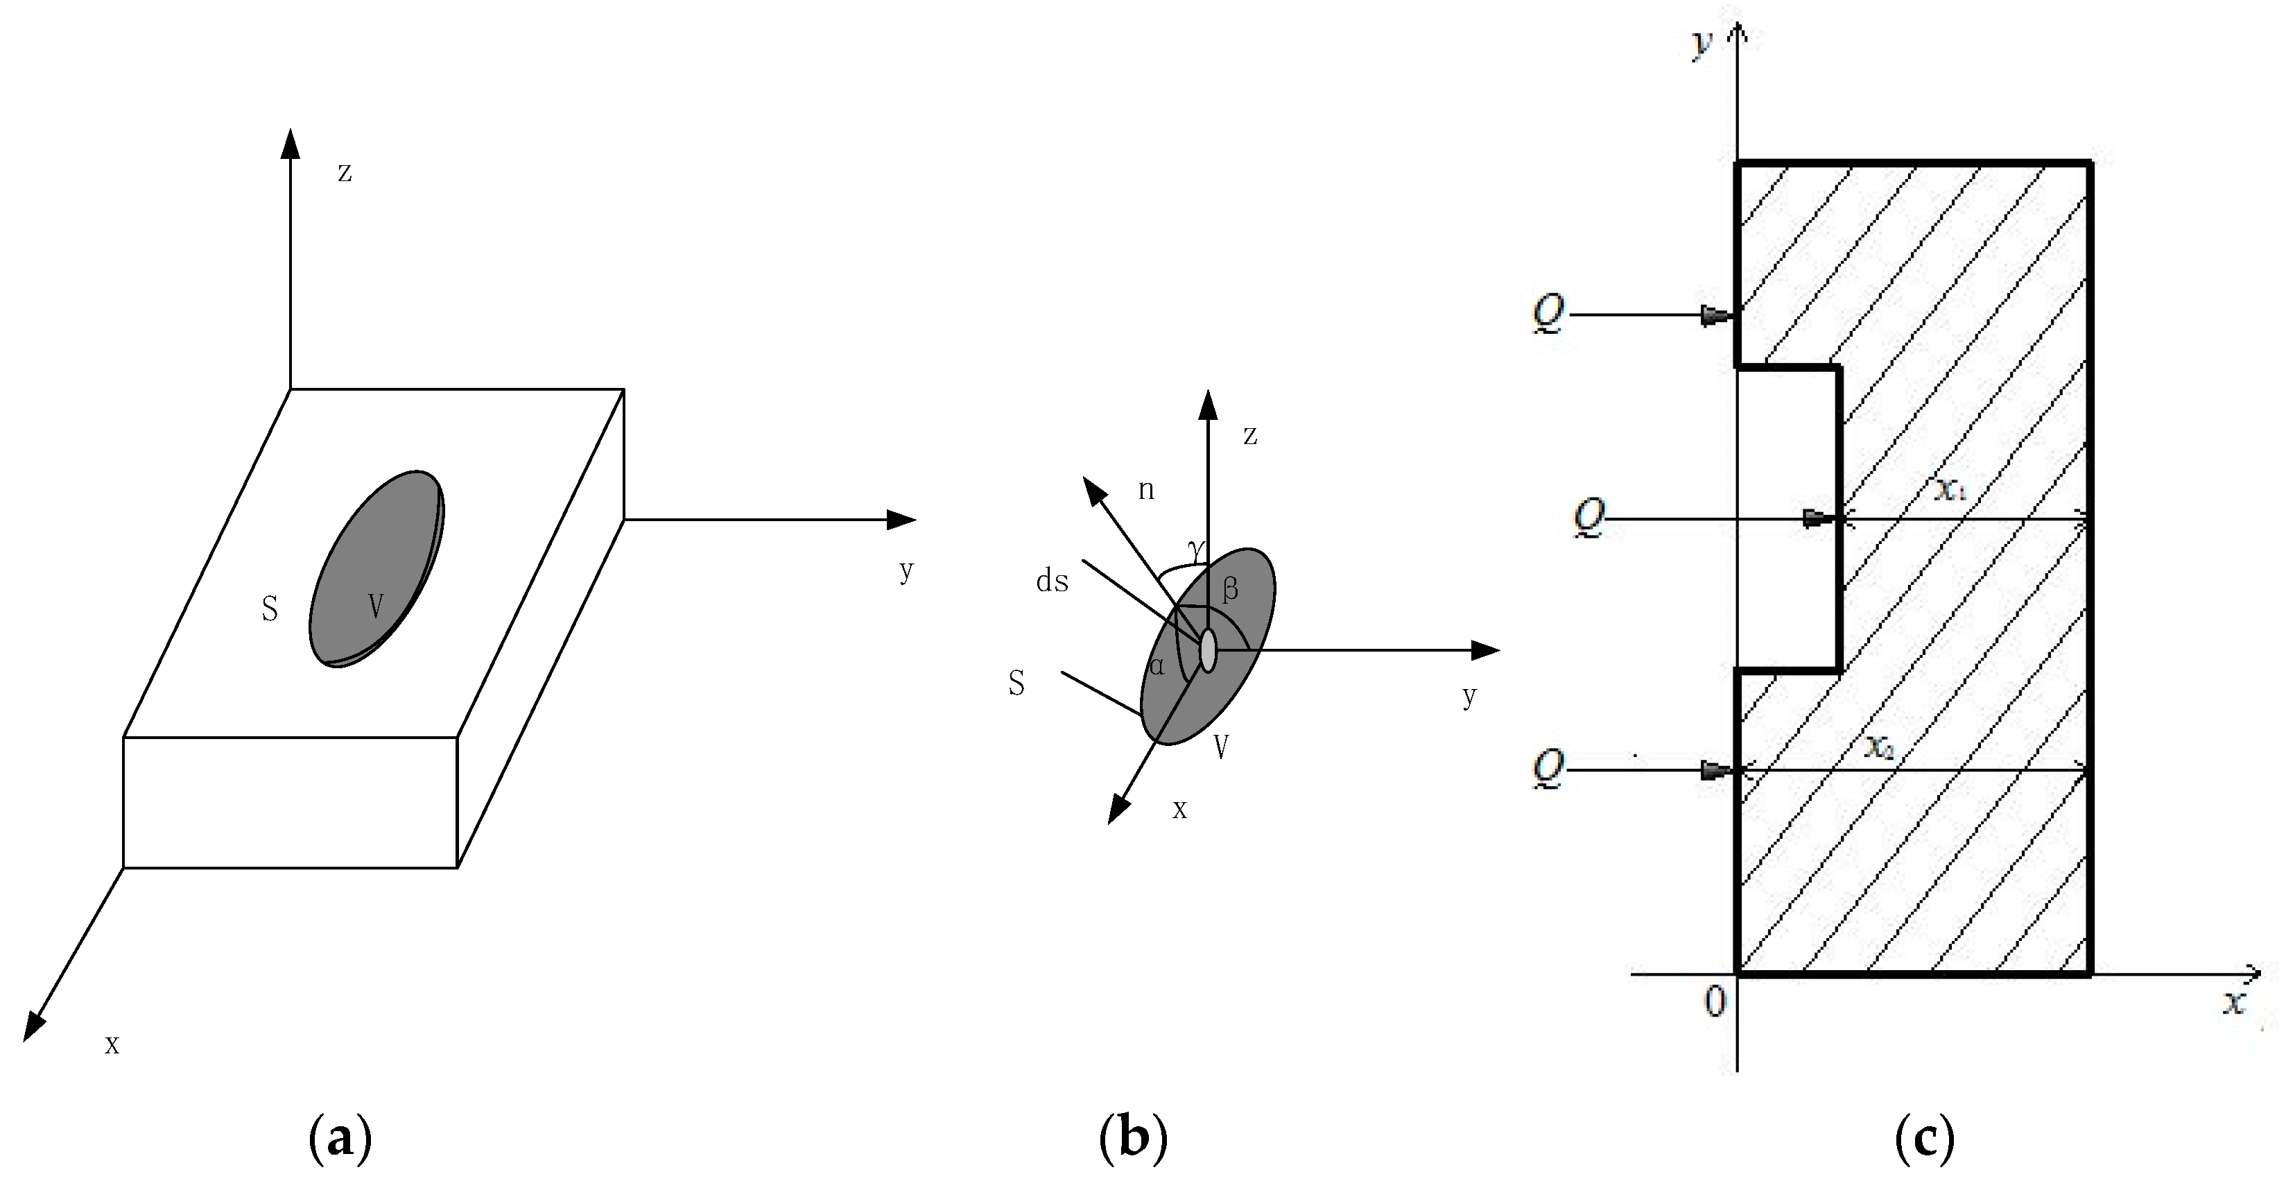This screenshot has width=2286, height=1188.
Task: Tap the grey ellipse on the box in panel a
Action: tap(376, 568)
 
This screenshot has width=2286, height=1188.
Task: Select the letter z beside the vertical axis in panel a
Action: tap(345, 172)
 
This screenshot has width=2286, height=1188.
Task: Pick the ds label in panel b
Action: tap(1053, 582)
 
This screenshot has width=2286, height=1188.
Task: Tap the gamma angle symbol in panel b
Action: tap(1198, 550)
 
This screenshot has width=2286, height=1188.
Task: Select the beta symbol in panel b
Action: tap(1230, 590)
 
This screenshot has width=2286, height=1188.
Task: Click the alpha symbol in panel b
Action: tap(1157, 666)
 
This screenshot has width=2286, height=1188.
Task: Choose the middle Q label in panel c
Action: tap(1589, 518)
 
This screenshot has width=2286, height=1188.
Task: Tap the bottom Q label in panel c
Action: tap(1548, 769)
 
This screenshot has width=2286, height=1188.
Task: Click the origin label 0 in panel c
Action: tap(1715, 1001)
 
